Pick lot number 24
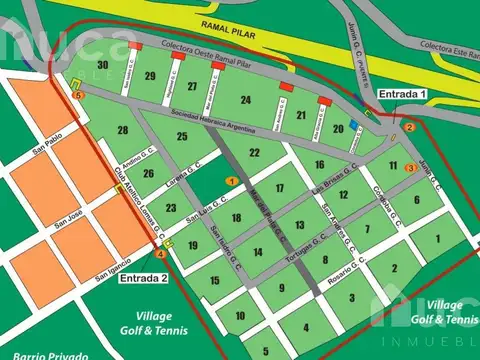(246, 100)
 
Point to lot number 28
(122, 130)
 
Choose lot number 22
(255, 153)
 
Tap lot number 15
(214, 281)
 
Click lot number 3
(352, 297)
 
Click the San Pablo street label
(46, 152)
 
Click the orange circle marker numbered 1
(231, 181)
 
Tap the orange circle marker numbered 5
(78, 95)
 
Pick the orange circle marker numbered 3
(409, 168)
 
